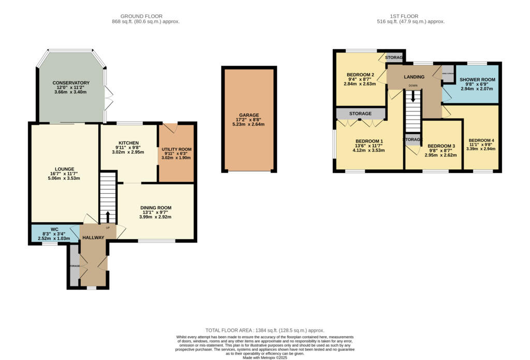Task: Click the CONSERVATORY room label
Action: [71, 83]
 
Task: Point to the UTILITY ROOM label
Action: [176, 149]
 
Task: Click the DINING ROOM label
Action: [156, 208]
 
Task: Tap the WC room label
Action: [54, 229]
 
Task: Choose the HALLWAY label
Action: [93, 237]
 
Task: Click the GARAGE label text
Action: [249, 115]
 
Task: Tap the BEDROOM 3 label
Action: [441, 146]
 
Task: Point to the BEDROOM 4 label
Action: [481, 140]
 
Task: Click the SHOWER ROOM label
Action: [478, 80]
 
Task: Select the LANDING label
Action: [414, 77]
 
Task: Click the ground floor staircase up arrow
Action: [108, 217]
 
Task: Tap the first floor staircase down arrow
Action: [413, 96]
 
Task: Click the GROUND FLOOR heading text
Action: [142, 16]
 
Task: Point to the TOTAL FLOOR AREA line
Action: [265, 330]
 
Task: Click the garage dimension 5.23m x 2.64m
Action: [249, 124]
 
